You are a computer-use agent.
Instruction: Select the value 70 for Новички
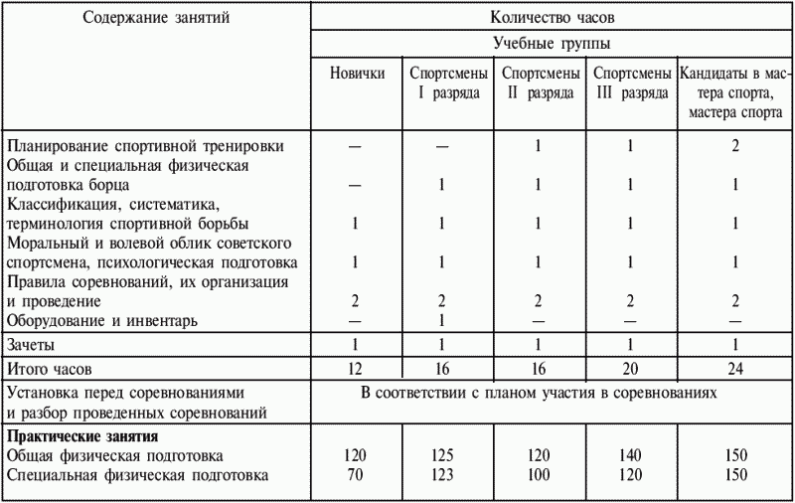tap(357, 475)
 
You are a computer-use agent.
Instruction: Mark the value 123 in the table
tap(443, 475)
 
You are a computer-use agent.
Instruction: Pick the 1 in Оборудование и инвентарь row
tap(443, 320)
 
